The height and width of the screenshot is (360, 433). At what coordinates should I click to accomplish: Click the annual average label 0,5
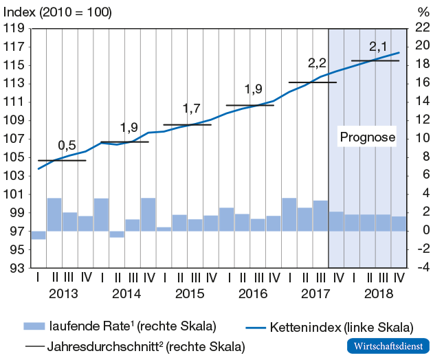[67, 146]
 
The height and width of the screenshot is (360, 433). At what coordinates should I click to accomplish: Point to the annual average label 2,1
[378, 47]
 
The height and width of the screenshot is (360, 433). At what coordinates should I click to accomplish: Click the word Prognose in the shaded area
[368, 137]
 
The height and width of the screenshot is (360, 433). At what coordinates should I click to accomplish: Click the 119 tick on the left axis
[14, 29]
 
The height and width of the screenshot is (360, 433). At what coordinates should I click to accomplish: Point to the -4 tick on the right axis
[421, 268]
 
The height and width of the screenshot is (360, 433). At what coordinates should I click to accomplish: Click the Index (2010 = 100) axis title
[58, 12]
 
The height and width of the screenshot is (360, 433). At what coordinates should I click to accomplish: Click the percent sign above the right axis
[422, 12]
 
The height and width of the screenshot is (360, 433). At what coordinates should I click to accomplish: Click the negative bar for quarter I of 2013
[38, 235]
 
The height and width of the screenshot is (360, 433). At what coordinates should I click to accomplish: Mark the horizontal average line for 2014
[124, 142]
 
